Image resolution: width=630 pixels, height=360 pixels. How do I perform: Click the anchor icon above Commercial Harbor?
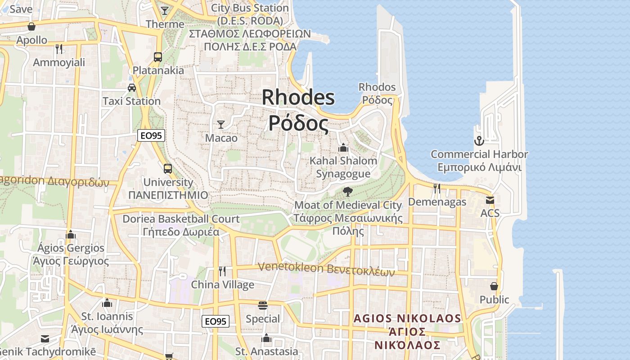tap(479, 141)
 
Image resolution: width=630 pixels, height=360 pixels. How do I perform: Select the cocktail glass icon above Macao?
tap(221, 125)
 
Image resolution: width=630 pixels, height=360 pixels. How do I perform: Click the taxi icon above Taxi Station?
tap(131, 88)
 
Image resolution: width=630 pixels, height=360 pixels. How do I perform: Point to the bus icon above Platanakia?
tap(158, 57)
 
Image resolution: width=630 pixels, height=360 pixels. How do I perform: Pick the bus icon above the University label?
tap(167, 169)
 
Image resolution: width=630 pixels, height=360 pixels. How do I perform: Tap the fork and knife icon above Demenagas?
tap(437, 188)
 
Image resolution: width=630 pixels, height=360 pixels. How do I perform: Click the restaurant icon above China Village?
tap(222, 271)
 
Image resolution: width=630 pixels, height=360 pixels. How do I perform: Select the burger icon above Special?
tap(263, 306)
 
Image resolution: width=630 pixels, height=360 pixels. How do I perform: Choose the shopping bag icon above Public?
tap(494, 286)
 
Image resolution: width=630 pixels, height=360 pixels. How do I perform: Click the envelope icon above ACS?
tap(490, 200)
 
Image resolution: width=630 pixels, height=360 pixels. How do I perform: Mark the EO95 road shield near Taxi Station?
tap(151, 135)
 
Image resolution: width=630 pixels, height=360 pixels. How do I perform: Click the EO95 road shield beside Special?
tap(215, 321)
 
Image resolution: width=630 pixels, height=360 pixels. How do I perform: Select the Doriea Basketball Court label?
tap(181, 225)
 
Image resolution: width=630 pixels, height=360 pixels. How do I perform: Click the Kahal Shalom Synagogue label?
tap(343, 167)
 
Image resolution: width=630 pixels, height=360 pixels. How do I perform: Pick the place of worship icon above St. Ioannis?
tap(107, 303)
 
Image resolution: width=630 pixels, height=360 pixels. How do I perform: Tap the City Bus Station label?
tap(250, 14)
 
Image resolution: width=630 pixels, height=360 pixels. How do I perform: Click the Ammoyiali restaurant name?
tap(59, 63)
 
